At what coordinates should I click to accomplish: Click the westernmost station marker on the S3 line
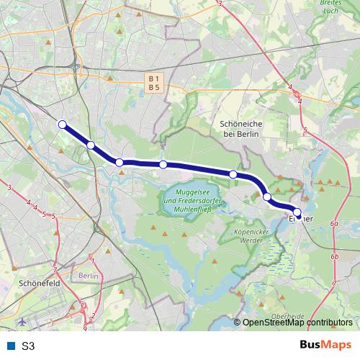click(x=63, y=125)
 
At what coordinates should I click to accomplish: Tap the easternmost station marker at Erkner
click(x=297, y=211)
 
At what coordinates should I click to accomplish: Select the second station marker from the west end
click(x=91, y=145)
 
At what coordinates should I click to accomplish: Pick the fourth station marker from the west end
click(x=163, y=165)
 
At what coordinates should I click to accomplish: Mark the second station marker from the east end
click(x=267, y=197)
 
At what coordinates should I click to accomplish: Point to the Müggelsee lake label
click(x=192, y=199)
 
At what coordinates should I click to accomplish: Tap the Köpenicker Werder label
click(x=252, y=236)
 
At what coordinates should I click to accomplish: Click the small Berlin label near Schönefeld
click(x=88, y=276)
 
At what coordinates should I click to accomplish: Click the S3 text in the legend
click(x=28, y=346)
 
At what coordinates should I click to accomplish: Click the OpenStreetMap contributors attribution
click(x=297, y=323)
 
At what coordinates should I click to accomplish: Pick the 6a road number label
click(x=334, y=225)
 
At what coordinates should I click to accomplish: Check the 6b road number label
click(x=334, y=256)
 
